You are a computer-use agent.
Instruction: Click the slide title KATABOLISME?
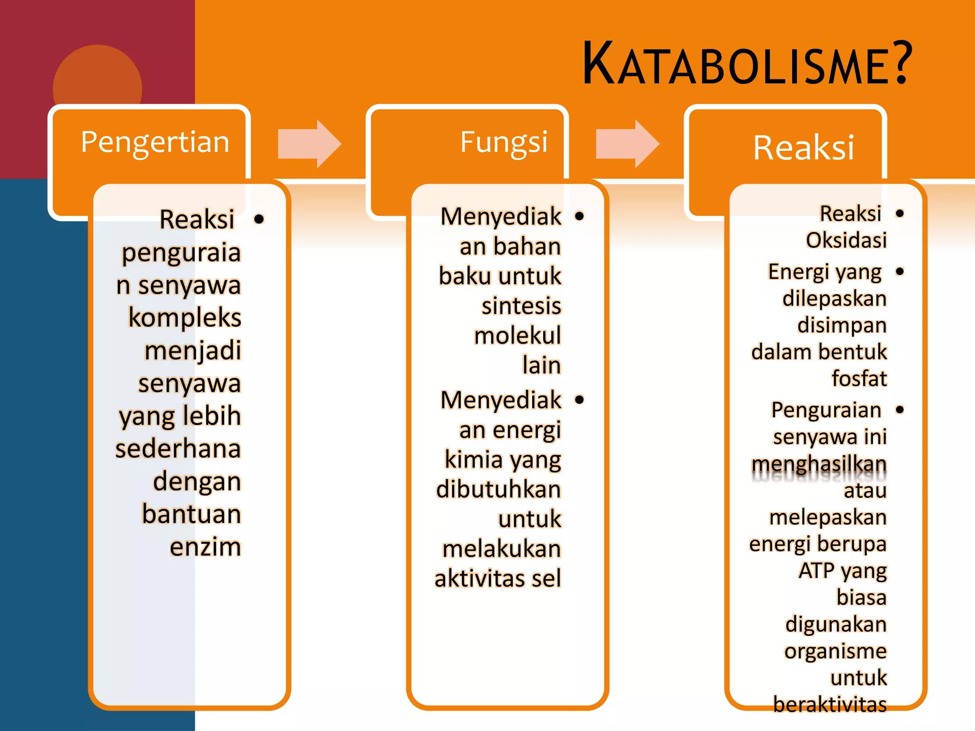(x=746, y=64)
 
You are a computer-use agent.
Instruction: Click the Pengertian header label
(x=155, y=142)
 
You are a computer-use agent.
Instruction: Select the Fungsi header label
(x=504, y=142)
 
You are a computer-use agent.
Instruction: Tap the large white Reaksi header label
(x=804, y=148)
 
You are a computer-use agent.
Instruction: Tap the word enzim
(x=205, y=546)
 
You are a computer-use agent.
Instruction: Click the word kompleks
(x=185, y=317)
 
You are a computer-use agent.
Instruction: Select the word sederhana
(x=178, y=449)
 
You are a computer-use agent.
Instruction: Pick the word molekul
(x=517, y=335)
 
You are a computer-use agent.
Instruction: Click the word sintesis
(x=521, y=306)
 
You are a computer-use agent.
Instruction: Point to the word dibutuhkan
(x=498, y=489)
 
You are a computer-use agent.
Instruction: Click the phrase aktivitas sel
(x=497, y=578)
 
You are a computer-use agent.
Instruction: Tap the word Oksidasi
(x=846, y=240)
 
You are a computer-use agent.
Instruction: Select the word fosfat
(x=859, y=378)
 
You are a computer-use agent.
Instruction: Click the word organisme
(x=836, y=651)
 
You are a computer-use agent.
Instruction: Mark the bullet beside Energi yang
(x=899, y=272)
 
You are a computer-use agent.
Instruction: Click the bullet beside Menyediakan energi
(x=579, y=399)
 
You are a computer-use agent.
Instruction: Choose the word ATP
(x=816, y=570)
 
